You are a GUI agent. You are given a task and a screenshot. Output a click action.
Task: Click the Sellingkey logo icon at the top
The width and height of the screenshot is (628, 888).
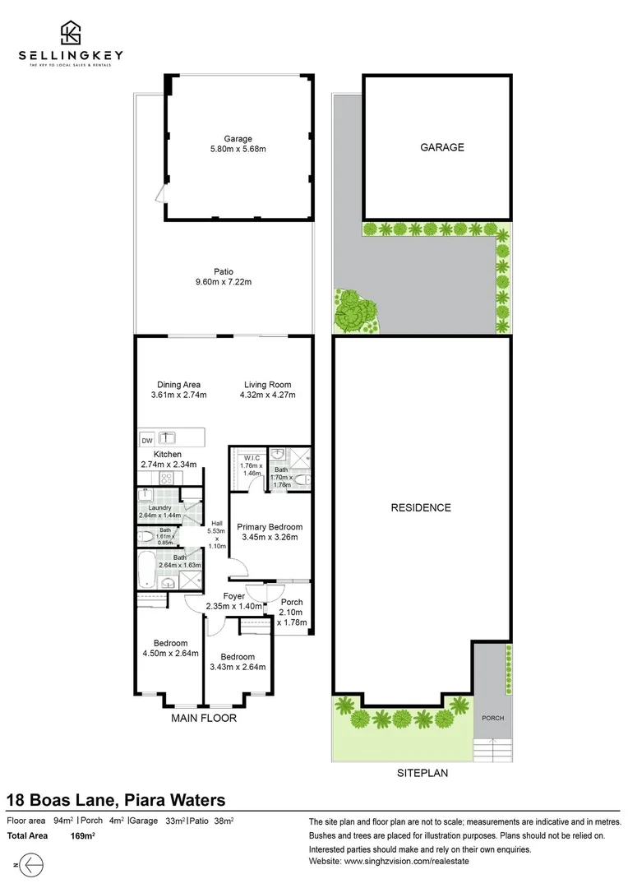point(71,32)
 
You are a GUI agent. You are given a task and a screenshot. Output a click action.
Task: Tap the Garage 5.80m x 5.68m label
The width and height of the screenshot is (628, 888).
point(238,144)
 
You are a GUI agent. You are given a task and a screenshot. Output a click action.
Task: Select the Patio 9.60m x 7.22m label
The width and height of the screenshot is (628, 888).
point(224,276)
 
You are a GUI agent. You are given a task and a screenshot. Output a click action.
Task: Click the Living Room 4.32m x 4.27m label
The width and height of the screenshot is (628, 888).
point(266,390)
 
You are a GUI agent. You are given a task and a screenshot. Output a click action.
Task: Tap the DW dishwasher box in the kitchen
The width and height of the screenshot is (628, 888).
point(147,438)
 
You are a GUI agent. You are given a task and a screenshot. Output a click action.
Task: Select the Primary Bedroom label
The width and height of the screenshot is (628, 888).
point(269,532)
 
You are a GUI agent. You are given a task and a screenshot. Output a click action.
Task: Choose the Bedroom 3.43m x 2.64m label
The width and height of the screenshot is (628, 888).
point(238,662)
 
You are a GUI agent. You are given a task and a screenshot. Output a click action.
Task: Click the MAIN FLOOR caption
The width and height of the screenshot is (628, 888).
point(203,718)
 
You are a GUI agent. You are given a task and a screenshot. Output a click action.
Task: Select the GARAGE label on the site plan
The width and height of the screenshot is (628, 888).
point(442,148)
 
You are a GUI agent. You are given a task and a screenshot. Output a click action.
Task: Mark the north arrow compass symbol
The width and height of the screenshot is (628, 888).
point(30,865)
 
